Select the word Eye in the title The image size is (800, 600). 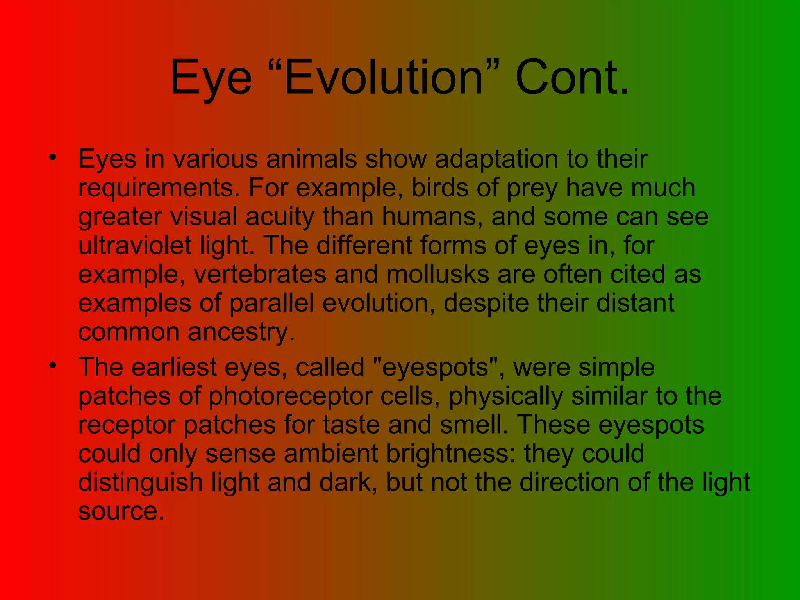click(211, 78)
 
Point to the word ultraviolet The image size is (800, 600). click(134, 245)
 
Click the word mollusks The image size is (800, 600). click(437, 274)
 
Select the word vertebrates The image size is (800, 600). click(260, 274)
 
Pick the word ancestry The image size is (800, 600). click(241, 332)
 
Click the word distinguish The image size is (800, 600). click(140, 482)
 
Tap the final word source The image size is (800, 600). click(121, 511)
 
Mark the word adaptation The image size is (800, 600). click(496, 159)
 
